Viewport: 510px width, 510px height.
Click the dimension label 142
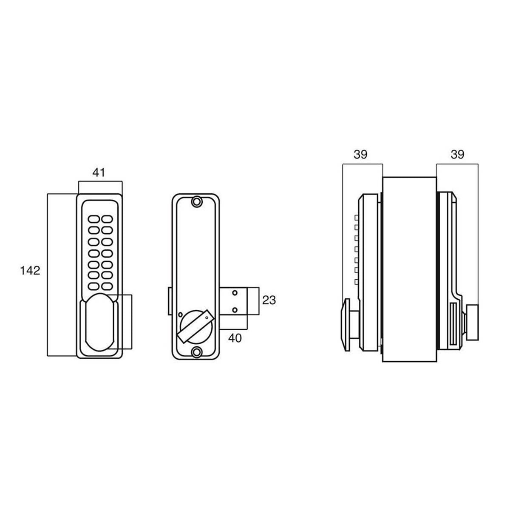[x=30, y=270]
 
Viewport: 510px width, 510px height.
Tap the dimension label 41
[x=99, y=173]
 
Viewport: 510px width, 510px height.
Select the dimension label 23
[x=269, y=300]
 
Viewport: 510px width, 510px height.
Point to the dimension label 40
[x=235, y=338]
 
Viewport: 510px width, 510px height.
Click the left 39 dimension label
[x=360, y=155]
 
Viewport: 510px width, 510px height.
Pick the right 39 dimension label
[x=457, y=155]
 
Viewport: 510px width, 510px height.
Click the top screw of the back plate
[x=196, y=202]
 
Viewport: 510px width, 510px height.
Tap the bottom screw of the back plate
[x=196, y=352]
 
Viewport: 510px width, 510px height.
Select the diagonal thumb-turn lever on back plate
[x=195, y=326]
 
